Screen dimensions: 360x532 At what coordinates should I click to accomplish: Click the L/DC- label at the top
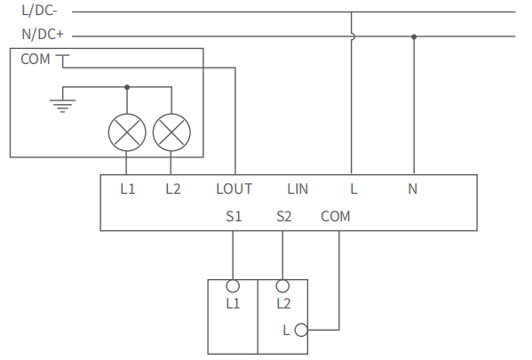39,12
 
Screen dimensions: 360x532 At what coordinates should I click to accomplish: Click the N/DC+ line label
42,36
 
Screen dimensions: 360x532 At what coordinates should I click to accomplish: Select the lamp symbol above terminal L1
126,132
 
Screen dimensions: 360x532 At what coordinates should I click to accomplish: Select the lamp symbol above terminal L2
171,132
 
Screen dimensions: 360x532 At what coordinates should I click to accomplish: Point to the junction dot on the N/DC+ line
414,36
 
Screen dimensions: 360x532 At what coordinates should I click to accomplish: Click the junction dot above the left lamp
127,87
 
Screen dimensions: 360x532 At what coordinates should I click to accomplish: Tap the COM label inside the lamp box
36,60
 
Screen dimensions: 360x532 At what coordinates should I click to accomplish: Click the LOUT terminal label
234,188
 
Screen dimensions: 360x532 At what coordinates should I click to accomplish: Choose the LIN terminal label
298,188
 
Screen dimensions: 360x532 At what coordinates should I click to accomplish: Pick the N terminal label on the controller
412,188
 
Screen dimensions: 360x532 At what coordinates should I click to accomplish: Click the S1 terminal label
234,216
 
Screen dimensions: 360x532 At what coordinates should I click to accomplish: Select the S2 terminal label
284,216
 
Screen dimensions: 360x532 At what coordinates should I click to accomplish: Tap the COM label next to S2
336,216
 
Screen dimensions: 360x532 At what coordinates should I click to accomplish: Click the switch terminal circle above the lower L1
234,286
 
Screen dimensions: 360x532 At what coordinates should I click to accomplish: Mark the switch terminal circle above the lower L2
283,286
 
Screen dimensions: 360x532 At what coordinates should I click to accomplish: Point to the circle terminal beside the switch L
300,330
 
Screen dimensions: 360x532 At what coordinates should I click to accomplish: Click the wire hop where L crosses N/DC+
353,36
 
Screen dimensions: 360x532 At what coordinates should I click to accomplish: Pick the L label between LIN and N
353,188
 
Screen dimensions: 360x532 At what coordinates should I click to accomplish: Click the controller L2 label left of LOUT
172,188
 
